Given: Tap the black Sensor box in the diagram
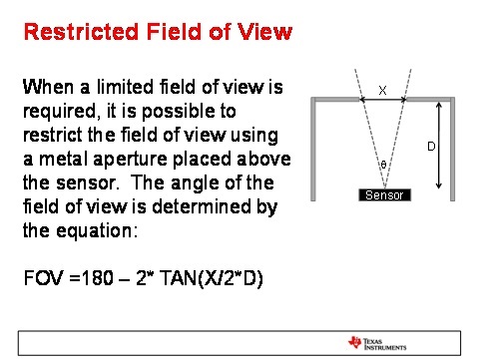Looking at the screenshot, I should point(384,194).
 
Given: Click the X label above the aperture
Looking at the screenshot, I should point(382,91).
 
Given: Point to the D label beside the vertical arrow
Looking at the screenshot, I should point(432,147).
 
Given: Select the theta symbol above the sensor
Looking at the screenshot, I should point(383,164).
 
